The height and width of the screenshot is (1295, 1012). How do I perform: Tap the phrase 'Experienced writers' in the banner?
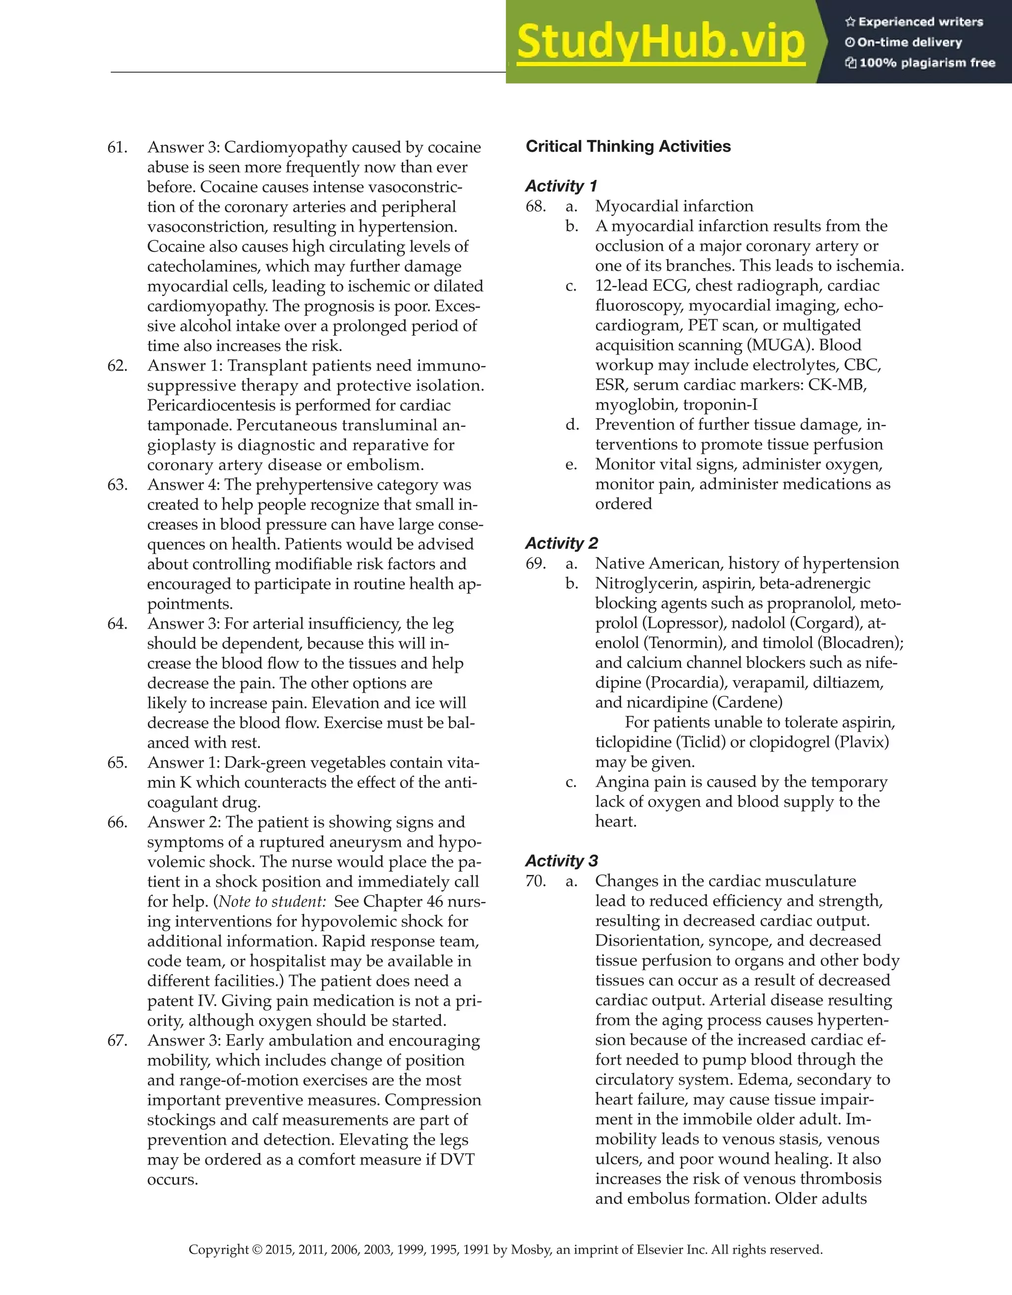920,22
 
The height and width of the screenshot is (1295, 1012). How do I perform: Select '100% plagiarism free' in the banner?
927,63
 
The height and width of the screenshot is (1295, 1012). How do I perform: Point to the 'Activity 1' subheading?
561,186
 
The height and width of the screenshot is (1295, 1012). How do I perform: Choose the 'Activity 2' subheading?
561,543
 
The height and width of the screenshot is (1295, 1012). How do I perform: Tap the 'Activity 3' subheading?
561,861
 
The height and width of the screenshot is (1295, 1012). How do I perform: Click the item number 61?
118,147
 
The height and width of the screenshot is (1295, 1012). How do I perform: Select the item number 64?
118,624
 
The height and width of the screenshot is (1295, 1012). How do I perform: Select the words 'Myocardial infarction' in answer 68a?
674,206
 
